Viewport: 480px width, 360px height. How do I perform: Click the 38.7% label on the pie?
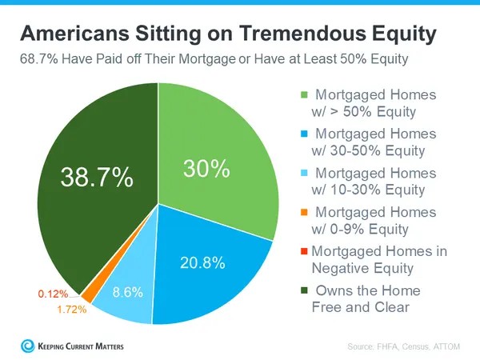(97, 178)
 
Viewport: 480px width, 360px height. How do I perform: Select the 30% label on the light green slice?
(208, 170)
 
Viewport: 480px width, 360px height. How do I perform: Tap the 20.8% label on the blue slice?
(202, 262)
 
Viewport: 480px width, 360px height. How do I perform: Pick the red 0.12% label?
(54, 294)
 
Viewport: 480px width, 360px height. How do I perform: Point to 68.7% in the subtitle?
(39, 60)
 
